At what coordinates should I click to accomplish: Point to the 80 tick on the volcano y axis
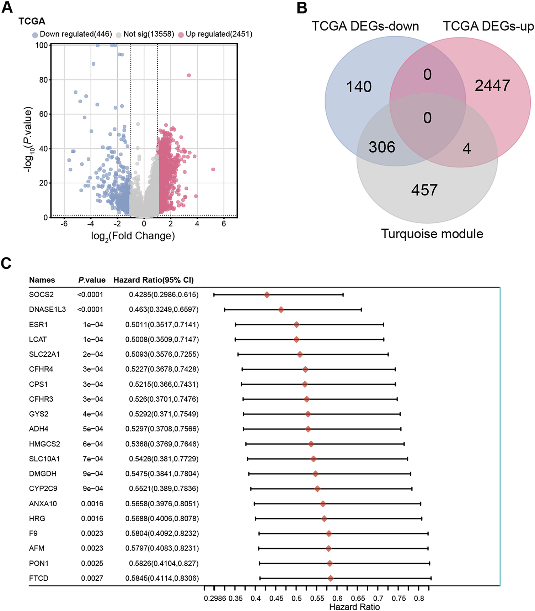point(43,80)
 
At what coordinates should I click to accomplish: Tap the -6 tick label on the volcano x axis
point(64,224)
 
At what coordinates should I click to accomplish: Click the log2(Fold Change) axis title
point(133,236)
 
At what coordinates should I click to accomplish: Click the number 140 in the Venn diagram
point(359,87)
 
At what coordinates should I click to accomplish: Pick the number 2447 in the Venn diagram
point(492,85)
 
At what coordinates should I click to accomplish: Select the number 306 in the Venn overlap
point(382,147)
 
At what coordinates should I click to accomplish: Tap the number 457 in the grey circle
point(424,190)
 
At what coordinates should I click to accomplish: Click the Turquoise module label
point(432,234)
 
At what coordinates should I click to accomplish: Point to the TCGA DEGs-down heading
point(365,26)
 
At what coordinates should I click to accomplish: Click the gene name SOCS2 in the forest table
point(41,295)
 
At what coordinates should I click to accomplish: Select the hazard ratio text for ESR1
point(162,325)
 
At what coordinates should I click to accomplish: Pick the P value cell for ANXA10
point(92,504)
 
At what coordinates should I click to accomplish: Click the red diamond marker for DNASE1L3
point(281,310)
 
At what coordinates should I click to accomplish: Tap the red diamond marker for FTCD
point(331,579)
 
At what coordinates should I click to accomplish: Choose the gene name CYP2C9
point(43,489)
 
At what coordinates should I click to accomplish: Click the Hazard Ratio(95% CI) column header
point(154,280)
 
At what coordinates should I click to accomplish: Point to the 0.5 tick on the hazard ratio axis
point(296,599)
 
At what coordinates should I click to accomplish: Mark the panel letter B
point(302,8)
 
